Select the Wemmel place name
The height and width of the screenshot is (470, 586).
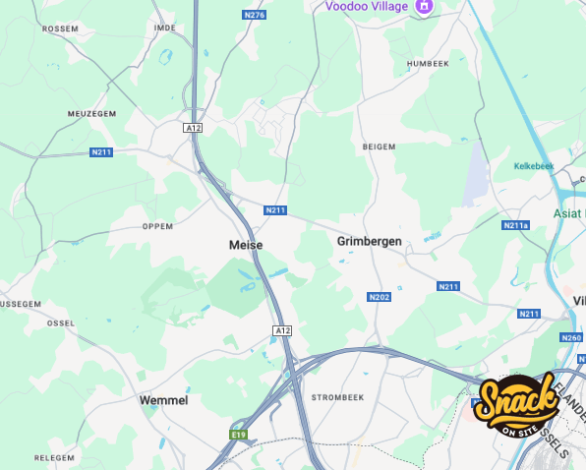pyautogui.click(x=163, y=400)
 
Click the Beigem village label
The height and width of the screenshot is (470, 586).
pyautogui.click(x=379, y=146)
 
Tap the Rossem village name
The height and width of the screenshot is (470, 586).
pyautogui.click(x=60, y=29)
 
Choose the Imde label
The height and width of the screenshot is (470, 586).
pyautogui.click(x=164, y=28)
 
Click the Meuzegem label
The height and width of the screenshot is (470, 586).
pyautogui.click(x=90, y=114)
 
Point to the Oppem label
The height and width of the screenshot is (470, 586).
pyautogui.click(x=157, y=225)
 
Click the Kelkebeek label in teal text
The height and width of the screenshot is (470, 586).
pyautogui.click(x=534, y=166)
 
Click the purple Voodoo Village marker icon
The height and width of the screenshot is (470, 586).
pyautogui.click(x=425, y=6)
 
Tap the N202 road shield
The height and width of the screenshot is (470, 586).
pyautogui.click(x=379, y=297)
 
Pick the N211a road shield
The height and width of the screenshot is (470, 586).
pyautogui.click(x=515, y=225)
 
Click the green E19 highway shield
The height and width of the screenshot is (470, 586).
pyautogui.click(x=237, y=434)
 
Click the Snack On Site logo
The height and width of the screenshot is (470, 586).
pyautogui.click(x=515, y=404)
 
